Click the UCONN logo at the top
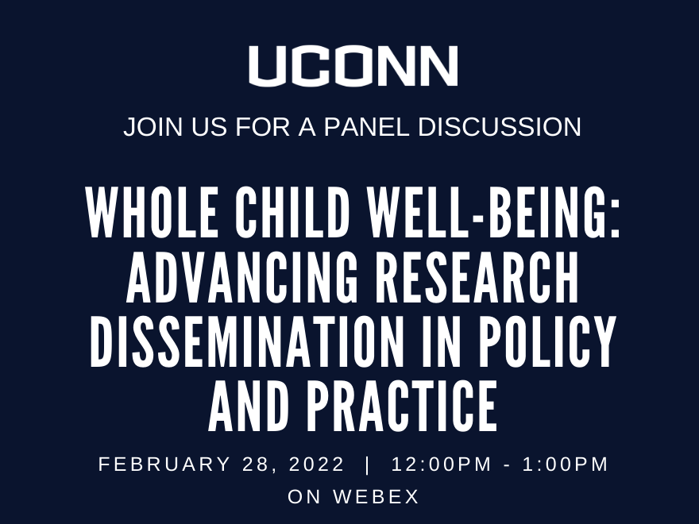pyautogui.click(x=353, y=66)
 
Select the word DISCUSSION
pyautogui.click(x=500, y=126)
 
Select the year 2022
pyautogui.click(x=316, y=464)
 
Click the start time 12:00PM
pyautogui.click(x=442, y=464)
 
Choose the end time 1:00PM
pyautogui.click(x=566, y=464)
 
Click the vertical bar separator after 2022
pyautogui.click(x=367, y=464)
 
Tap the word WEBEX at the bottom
pyautogui.click(x=376, y=496)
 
